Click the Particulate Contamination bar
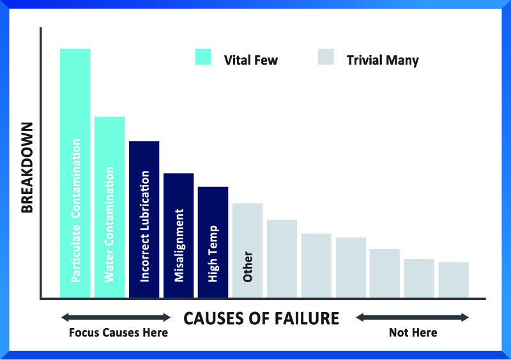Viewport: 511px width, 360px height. point(75,173)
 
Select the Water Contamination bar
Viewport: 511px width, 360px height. point(109,207)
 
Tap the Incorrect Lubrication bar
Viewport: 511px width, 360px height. point(144,220)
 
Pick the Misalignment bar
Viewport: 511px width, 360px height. point(179,236)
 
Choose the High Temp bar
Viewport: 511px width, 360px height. point(213,242)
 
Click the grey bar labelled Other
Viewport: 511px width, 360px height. point(247,250)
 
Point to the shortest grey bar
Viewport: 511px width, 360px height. point(454,280)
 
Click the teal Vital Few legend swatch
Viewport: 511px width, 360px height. point(203,57)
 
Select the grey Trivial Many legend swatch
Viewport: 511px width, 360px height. point(326,57)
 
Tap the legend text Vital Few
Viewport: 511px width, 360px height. point(251,60)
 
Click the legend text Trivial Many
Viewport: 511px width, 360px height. point(383,61)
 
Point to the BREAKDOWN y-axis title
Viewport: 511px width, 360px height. point(27,167)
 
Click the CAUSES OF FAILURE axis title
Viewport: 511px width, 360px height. point(261,319)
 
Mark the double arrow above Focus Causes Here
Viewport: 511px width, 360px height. point(116,317)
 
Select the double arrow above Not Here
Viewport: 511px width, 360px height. point(412,317)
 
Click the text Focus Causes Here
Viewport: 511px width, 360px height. point(119,333)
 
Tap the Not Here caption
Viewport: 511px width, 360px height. point(413,333)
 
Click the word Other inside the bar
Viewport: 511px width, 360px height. point(248,267)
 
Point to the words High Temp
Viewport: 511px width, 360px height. point(213,254)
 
